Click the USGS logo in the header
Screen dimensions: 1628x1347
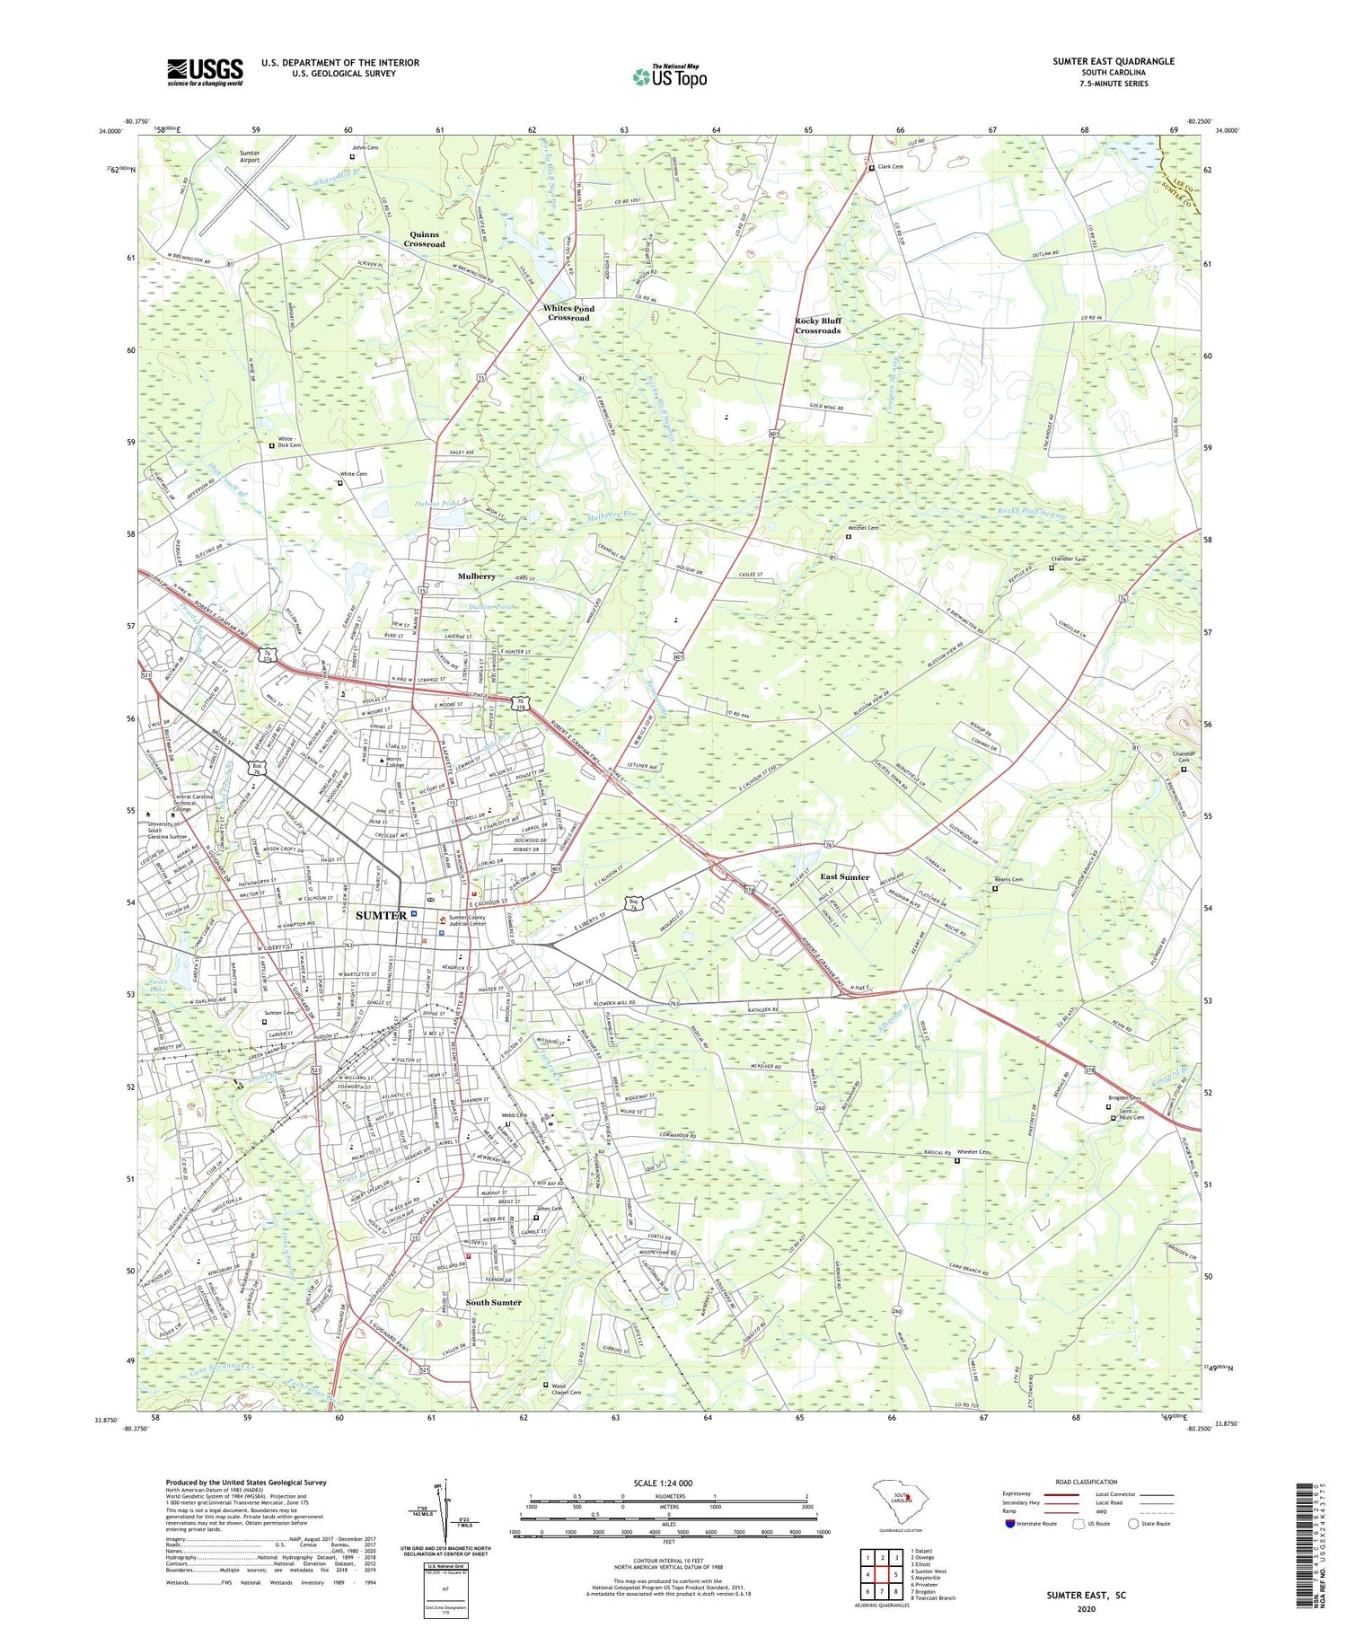(205, 72)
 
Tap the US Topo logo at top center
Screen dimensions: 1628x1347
(669, 76)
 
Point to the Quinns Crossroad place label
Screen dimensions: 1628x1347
(424, 239)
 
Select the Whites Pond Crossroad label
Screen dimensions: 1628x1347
(569, 312)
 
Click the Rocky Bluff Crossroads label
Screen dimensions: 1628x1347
(817, 325)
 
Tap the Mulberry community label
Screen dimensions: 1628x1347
(476, 576)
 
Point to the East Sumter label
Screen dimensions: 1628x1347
(844, 876)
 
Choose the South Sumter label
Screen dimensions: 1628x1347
(493, 1302)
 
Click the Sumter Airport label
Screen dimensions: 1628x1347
(250, 157)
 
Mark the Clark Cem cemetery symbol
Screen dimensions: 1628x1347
(870, 168)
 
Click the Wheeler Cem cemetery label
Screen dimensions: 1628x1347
(973, 1152)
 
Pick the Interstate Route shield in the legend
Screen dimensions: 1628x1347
(1009, 1524)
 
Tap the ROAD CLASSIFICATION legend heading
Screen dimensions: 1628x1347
(1086, 1482)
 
